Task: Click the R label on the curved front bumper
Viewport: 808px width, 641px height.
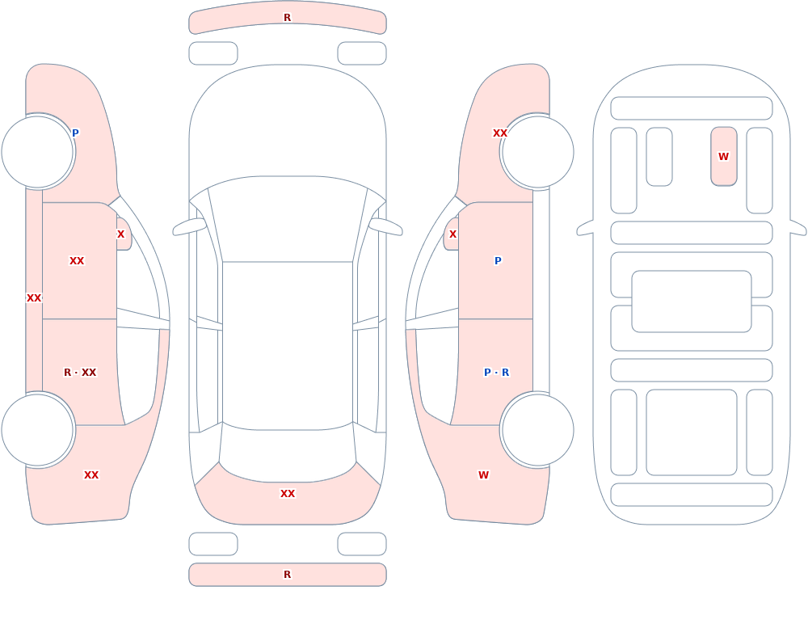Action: click(287, 18)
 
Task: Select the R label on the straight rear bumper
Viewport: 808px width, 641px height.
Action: click(287, 575)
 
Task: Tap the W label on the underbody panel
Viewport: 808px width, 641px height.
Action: click(723, 156)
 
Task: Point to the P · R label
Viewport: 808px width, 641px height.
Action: click(496, 373)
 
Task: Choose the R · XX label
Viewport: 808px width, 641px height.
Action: click(80, 373)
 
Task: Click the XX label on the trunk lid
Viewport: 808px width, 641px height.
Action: click(288, 494)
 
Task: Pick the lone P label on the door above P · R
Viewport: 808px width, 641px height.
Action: click(498, 261)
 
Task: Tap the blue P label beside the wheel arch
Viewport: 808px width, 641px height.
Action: click(75, 133)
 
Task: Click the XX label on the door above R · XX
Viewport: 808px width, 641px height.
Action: click(77, 261)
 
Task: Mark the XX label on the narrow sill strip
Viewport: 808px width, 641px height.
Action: click(34, 298)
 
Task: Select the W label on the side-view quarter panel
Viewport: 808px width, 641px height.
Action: click(483, 475)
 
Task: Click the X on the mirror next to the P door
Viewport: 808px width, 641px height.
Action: click(453, 234)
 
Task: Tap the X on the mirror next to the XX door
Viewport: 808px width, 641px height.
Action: click(120, 234)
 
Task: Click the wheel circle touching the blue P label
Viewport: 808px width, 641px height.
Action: click(38, 152)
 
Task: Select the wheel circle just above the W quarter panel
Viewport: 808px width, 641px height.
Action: click(537, 429)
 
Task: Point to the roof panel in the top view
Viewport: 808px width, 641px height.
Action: click(288, 345)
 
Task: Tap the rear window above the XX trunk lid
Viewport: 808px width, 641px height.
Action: click(288, 452)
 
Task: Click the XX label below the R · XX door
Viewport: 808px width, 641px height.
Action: click(91, 475)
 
